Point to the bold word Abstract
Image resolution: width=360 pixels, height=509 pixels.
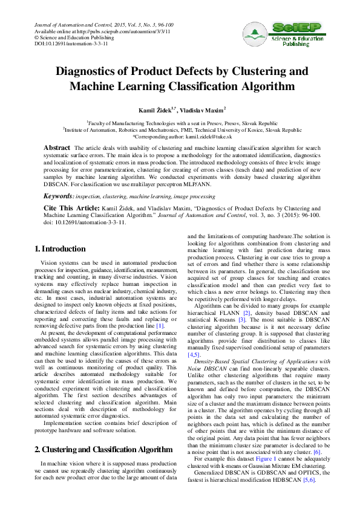point(57,148)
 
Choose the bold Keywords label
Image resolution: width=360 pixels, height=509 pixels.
point(58,196)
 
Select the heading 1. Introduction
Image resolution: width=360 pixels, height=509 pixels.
point(60,249)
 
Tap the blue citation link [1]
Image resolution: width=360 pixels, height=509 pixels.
point(160,326)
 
